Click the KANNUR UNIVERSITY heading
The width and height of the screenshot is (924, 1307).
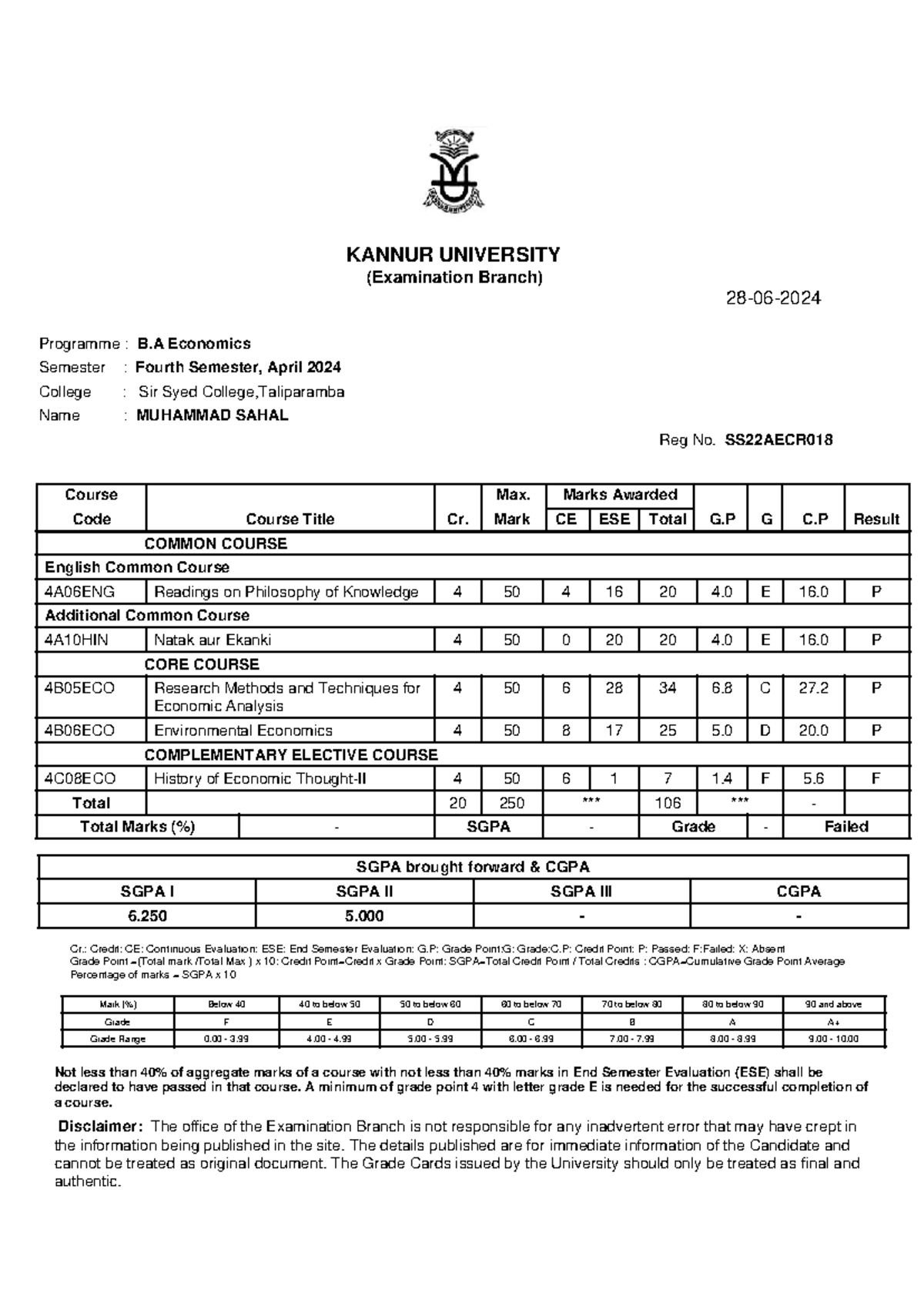[454, 254]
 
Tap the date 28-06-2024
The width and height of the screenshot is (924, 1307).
[774, 298]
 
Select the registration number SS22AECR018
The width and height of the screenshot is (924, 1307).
[778, 440]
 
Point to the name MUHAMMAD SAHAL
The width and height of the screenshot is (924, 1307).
[213, 415]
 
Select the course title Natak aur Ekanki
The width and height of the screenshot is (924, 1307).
[213, 640]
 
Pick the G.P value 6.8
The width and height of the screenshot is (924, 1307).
[721, 688]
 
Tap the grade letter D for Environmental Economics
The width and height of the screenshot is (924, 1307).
[765, 731]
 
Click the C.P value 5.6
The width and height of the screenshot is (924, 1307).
[813, 779]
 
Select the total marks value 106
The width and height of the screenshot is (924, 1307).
[667, 803]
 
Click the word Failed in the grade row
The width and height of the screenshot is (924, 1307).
[845, 827]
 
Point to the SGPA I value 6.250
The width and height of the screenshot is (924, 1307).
[148, 916]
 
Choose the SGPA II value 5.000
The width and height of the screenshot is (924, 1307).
[364, 916]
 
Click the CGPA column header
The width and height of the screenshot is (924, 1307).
[798, 892]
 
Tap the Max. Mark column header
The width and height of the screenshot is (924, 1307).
[512, 507]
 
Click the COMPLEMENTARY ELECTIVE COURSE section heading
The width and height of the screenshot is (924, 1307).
[291, 755]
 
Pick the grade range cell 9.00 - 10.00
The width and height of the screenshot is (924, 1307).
[834, 1039]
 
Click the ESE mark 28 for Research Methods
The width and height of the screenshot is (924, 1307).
[614, 688]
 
